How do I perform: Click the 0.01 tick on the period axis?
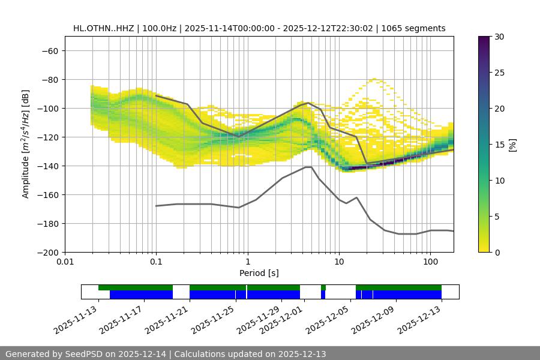[65, 263]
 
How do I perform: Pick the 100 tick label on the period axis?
[430, 263]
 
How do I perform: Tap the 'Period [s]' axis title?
[259, 273]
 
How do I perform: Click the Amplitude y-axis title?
[26, 145]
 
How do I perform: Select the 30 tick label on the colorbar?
[499, 37]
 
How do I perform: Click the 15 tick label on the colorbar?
[499, 144]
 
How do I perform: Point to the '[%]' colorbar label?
[512, 145]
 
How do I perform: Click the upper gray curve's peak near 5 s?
[308, 103]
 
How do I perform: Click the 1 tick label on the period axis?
[247, 263]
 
